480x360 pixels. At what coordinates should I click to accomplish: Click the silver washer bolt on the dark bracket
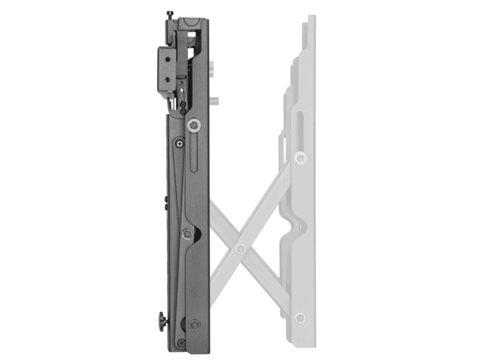(x=193, y=125)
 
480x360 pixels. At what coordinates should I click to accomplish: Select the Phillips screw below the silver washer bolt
(x=179, y=144)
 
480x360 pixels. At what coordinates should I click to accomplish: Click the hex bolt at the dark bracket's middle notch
(x=187, y=233)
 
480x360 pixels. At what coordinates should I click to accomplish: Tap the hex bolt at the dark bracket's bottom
(x=194, y=325)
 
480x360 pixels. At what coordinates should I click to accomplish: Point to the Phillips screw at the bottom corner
(x=181, y=342)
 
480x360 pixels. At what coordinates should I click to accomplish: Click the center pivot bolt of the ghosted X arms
(x=240, y=248)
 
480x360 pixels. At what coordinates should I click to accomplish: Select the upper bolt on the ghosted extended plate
(x=300, y=158)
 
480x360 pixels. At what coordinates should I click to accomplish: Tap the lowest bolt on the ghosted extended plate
(x=300, y=318)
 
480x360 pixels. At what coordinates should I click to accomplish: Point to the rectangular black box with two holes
(x=167, y=69)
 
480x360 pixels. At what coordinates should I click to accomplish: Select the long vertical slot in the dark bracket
(x=193, y=155)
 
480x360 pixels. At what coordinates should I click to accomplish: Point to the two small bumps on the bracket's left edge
(x=165, y=203)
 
